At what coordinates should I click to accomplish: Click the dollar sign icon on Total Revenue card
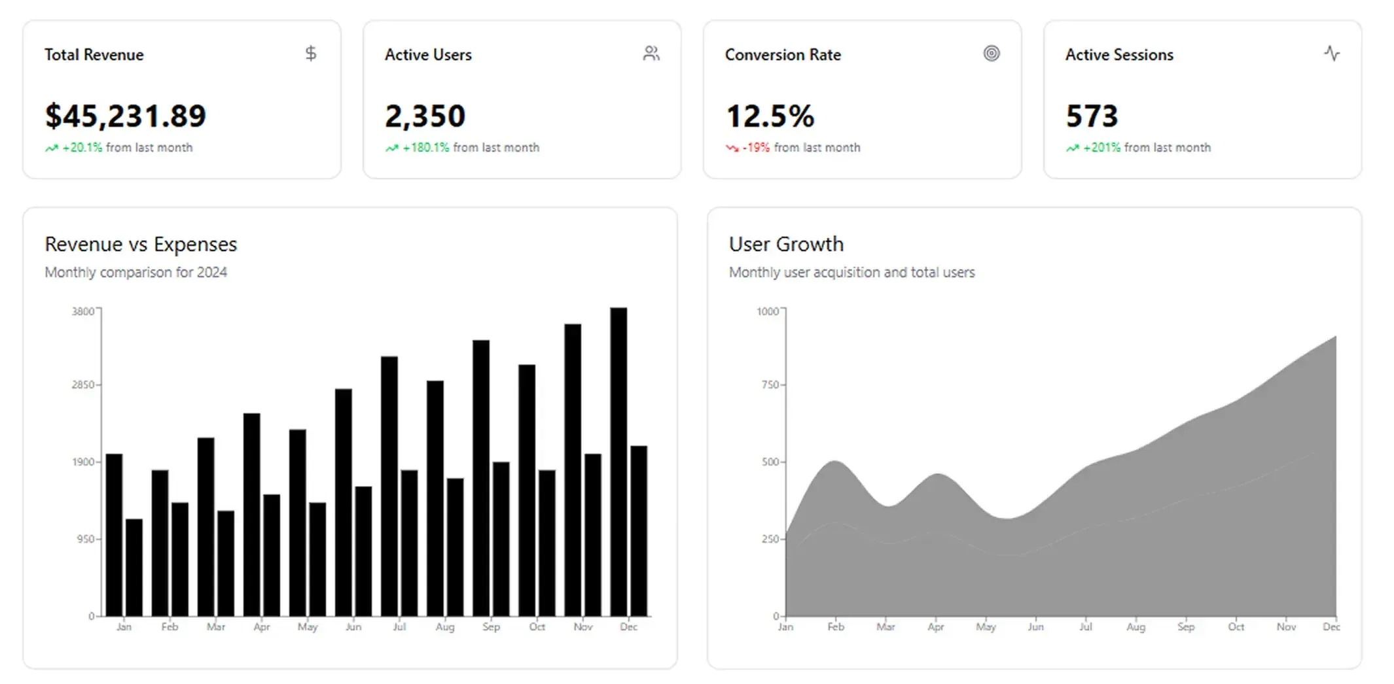[311, 54]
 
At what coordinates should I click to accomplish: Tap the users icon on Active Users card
[651, 54]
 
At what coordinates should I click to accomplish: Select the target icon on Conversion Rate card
[992, 54]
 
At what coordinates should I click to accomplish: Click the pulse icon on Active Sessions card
[1332, 54]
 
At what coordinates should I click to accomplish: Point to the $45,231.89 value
[125, 116]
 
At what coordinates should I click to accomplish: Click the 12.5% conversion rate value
[770, 116]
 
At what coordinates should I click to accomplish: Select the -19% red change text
[756, 148]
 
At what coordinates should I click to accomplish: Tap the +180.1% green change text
[425, 148]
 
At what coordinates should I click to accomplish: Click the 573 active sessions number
[1092, 116]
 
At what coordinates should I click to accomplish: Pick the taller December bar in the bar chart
[618, 461]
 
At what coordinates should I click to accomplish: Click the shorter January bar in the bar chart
[134, 567]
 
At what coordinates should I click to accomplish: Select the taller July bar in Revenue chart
[389, 485]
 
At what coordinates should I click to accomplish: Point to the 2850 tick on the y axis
[83, 385]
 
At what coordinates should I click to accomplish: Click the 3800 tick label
[83, 311]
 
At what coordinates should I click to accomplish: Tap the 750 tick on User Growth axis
[770, 385]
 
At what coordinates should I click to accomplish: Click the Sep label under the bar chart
[491, 626]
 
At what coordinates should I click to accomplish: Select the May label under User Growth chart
[986, 626]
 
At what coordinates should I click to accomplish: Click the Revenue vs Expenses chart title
[141, 244]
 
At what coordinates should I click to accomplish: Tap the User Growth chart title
[786, 244]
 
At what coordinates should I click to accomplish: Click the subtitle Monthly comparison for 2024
[135, 272]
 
